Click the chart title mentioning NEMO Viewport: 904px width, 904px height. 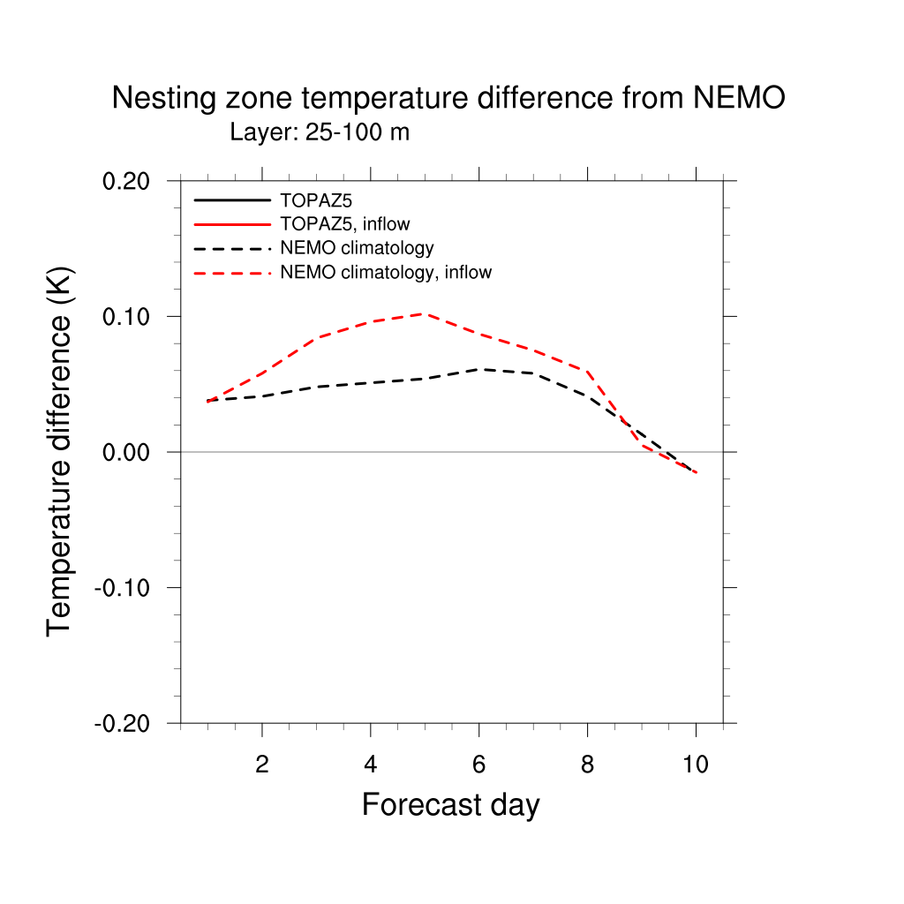click(x=448, y=98)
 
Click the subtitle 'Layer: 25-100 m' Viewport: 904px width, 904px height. click(x=320, y=132)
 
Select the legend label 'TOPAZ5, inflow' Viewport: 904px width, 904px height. click(x=345, y=223)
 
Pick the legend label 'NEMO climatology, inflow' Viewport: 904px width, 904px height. click(x=386, y=272)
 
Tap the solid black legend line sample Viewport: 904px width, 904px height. click(x=232, y=200)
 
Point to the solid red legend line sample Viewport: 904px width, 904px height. click(x=232, y=223)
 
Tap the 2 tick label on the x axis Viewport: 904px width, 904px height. click(x=262, y=764)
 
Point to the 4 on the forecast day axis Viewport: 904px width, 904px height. click(x=371, y=764)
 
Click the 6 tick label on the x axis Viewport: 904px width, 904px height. click(x=478, y=764)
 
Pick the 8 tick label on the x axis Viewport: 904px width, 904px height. click(x=587, y=764)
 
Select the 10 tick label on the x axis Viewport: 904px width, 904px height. click(x=696, y=764)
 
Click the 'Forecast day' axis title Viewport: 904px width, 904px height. click(x=450, y=805)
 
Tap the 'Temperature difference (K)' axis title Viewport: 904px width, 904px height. click(x=59, y=451)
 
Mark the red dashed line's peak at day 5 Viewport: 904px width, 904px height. click(x=425, y=313)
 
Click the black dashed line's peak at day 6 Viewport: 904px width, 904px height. click(x=478, y=369)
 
